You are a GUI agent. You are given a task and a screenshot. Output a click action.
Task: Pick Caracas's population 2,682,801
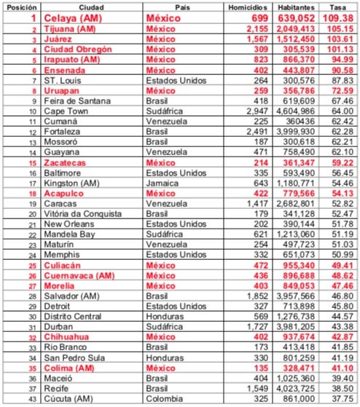[x=297, y=205]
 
